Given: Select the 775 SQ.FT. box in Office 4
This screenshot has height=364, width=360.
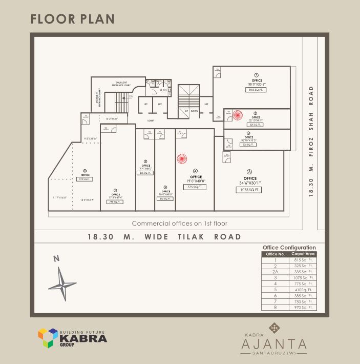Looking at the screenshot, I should click(x=195, y=187).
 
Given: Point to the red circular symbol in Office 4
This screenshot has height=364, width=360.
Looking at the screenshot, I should click(x=182, y=159).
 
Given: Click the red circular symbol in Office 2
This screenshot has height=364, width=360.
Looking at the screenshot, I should click(x=237, y=115).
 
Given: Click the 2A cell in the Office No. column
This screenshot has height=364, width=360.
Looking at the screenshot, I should click(x=275, y=272).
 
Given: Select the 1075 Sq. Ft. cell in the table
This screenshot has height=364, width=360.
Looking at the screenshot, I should click(x=304, y=278).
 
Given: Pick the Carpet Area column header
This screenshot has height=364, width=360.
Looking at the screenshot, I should click(x=304, y=254).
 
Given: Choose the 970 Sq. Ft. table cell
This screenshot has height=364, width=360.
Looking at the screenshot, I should click(x=304, y=308).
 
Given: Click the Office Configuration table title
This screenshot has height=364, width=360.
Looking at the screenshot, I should click(x=289, y=247).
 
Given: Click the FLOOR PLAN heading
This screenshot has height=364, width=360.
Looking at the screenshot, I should click(x=72, y=19).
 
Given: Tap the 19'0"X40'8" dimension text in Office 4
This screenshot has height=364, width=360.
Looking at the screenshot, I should click(x=195, y=180).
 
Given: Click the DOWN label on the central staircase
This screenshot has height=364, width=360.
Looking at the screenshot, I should click(x=195, y=111).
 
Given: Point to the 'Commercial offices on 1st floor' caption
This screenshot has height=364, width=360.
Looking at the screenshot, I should click(x=180, y=224).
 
